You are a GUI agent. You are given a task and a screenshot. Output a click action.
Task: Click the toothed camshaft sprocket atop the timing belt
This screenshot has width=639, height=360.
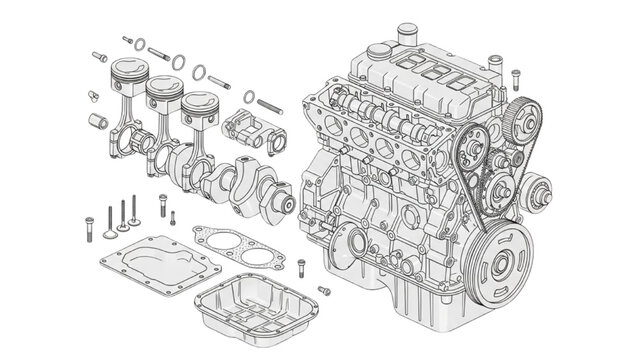coord(520,122)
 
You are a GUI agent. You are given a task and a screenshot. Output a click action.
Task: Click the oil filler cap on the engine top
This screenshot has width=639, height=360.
coord(406,36)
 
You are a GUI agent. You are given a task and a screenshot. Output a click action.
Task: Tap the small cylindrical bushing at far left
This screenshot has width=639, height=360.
coord(99,122)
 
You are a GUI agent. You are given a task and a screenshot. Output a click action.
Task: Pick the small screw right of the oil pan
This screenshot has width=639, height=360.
coord(323,290)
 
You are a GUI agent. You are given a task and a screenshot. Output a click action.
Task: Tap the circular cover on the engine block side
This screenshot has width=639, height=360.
coord(354,243)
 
